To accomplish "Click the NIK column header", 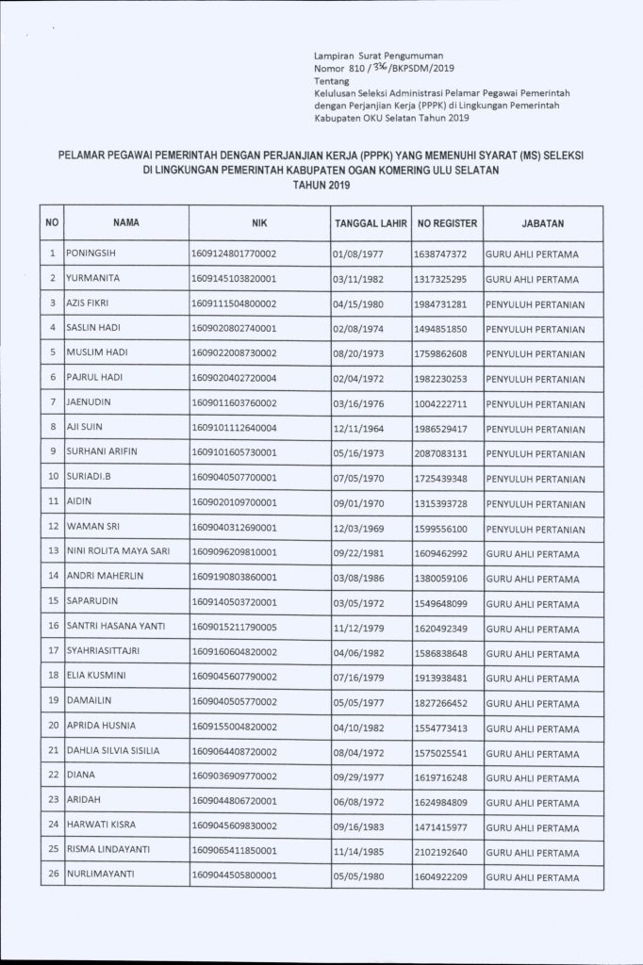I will point(260,223).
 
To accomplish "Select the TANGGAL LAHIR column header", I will point(370,223).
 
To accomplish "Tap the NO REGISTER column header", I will point(448,223).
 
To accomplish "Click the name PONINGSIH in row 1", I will point(91,254).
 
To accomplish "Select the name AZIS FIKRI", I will point(91,303).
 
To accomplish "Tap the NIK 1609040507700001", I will point(234,477).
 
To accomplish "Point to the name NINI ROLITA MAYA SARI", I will point(118,550).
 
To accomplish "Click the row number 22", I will point(53,776).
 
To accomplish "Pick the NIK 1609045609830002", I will point(234,825).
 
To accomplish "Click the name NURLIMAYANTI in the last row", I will point(100,874).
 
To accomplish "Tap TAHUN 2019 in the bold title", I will point(321,185).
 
